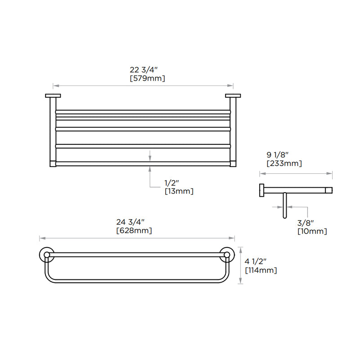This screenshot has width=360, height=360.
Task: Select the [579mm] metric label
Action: tap(147, 78)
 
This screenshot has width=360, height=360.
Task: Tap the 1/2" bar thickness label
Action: tap(172, 183)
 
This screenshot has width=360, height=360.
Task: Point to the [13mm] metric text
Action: tap(179, 191)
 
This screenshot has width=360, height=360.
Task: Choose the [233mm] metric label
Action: tap(284, 163)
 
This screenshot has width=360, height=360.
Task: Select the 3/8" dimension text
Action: tap(305, 223)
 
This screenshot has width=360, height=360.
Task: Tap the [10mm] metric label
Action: tap(312, 231)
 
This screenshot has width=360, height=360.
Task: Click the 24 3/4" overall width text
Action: tap(130, 222)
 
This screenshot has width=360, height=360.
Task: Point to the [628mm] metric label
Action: tap(134, 230)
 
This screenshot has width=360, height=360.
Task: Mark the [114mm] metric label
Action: tap(261, 270)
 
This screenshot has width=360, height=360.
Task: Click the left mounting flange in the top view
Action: tap(52, 95)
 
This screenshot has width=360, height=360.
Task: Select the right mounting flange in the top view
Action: tap(233, 95)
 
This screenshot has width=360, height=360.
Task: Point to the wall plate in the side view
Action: tap(261, 190)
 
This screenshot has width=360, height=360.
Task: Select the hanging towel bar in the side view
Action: tap(284, 205)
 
